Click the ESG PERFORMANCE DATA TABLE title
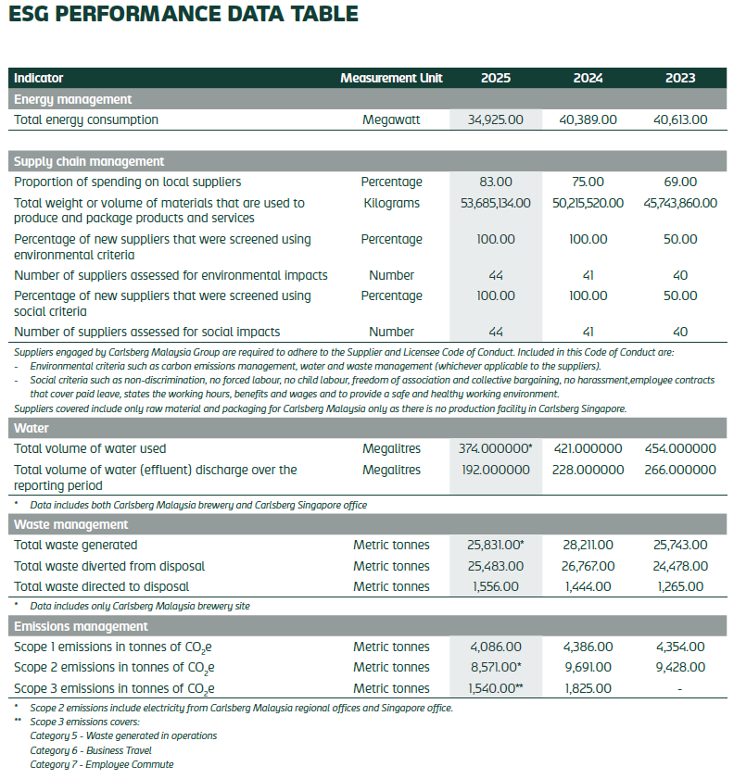pos(183,15)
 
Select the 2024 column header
pos(588,79)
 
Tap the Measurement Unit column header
pos(391,79)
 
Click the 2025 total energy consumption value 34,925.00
pos(496,119)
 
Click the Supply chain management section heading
pos(89,161)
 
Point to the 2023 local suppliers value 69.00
pos(680,182)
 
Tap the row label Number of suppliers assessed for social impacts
pos(146,332)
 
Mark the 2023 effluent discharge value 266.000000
pos(680,470)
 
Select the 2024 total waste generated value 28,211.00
pos(588,546)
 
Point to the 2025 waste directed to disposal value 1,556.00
pos(496,586)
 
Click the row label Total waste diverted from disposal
pos(109,566)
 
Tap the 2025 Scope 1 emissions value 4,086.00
pos(496,647)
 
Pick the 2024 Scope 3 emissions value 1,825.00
pos(588,688)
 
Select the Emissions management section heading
pos(81,626)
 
